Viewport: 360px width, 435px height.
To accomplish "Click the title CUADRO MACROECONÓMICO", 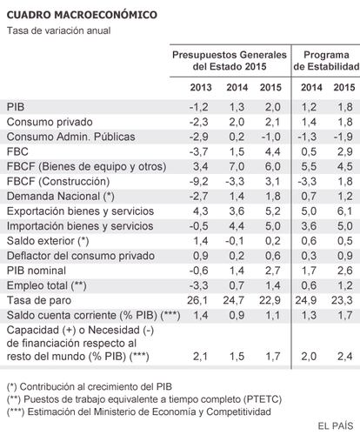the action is pos(82,15).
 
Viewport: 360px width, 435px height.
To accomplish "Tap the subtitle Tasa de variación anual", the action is pos(58,30).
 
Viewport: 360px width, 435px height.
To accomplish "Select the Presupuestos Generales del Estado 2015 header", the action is pos(230,61).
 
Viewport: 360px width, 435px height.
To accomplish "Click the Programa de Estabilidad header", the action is pos(326,61).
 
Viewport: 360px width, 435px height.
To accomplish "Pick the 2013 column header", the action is pos(201,88).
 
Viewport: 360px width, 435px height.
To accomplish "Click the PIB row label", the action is pos(16,107).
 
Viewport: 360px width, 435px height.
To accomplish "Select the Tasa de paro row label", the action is pos(39,300).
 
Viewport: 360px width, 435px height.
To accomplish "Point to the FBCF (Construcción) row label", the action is pos(58,182).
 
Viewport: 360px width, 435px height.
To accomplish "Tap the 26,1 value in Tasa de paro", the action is pos(197,300).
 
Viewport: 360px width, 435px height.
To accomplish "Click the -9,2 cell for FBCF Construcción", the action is pos(198,182).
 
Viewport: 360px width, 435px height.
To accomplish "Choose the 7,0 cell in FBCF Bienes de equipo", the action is pos(237,167).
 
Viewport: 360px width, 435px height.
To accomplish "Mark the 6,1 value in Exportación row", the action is pos(345,211).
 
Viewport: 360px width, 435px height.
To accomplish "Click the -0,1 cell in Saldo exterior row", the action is pos(235,241).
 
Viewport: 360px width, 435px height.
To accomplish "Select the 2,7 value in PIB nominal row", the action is pos(272,271).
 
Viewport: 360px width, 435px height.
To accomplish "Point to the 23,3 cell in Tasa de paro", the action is pos(342,300).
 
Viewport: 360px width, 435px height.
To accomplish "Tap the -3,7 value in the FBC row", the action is pos(198,151).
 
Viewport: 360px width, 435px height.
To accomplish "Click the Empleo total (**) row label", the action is pos(47,285).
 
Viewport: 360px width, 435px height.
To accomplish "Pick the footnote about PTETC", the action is pos(144,399).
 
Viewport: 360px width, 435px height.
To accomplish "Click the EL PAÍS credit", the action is pos(336,426).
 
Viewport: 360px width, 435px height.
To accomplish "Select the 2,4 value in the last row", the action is pos(345,357).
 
